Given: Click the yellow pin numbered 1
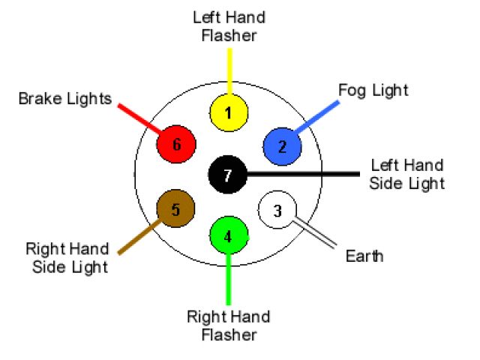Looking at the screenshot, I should click(x=229, y=112).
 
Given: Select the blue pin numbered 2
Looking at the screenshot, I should click(x=282, y=146).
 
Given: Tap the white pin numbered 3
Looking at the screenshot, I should click(x=277, y=211).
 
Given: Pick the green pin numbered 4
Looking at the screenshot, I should click(x=229, y=236).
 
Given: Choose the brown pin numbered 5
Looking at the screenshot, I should click(x=175, y=209).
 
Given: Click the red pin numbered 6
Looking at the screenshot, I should click(x=176, y=144).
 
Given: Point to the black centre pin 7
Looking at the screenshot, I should click(x=228, y=175).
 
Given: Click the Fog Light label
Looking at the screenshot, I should click(x=373, y=91).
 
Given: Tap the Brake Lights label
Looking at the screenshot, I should click(x=65, y=99).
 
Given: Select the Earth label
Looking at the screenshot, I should click(x=364, y=256).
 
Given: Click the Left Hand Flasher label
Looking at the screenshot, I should click(x=229, y=26).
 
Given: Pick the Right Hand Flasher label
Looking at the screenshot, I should click(x=229, y=325).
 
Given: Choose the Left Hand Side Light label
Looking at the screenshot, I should click(x=406, y=174).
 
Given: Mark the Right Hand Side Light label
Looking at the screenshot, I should click(x=67, y=257).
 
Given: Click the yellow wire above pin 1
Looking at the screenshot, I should click(x=229, y=71).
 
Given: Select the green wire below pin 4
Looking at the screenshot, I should click(x=229, y=277).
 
